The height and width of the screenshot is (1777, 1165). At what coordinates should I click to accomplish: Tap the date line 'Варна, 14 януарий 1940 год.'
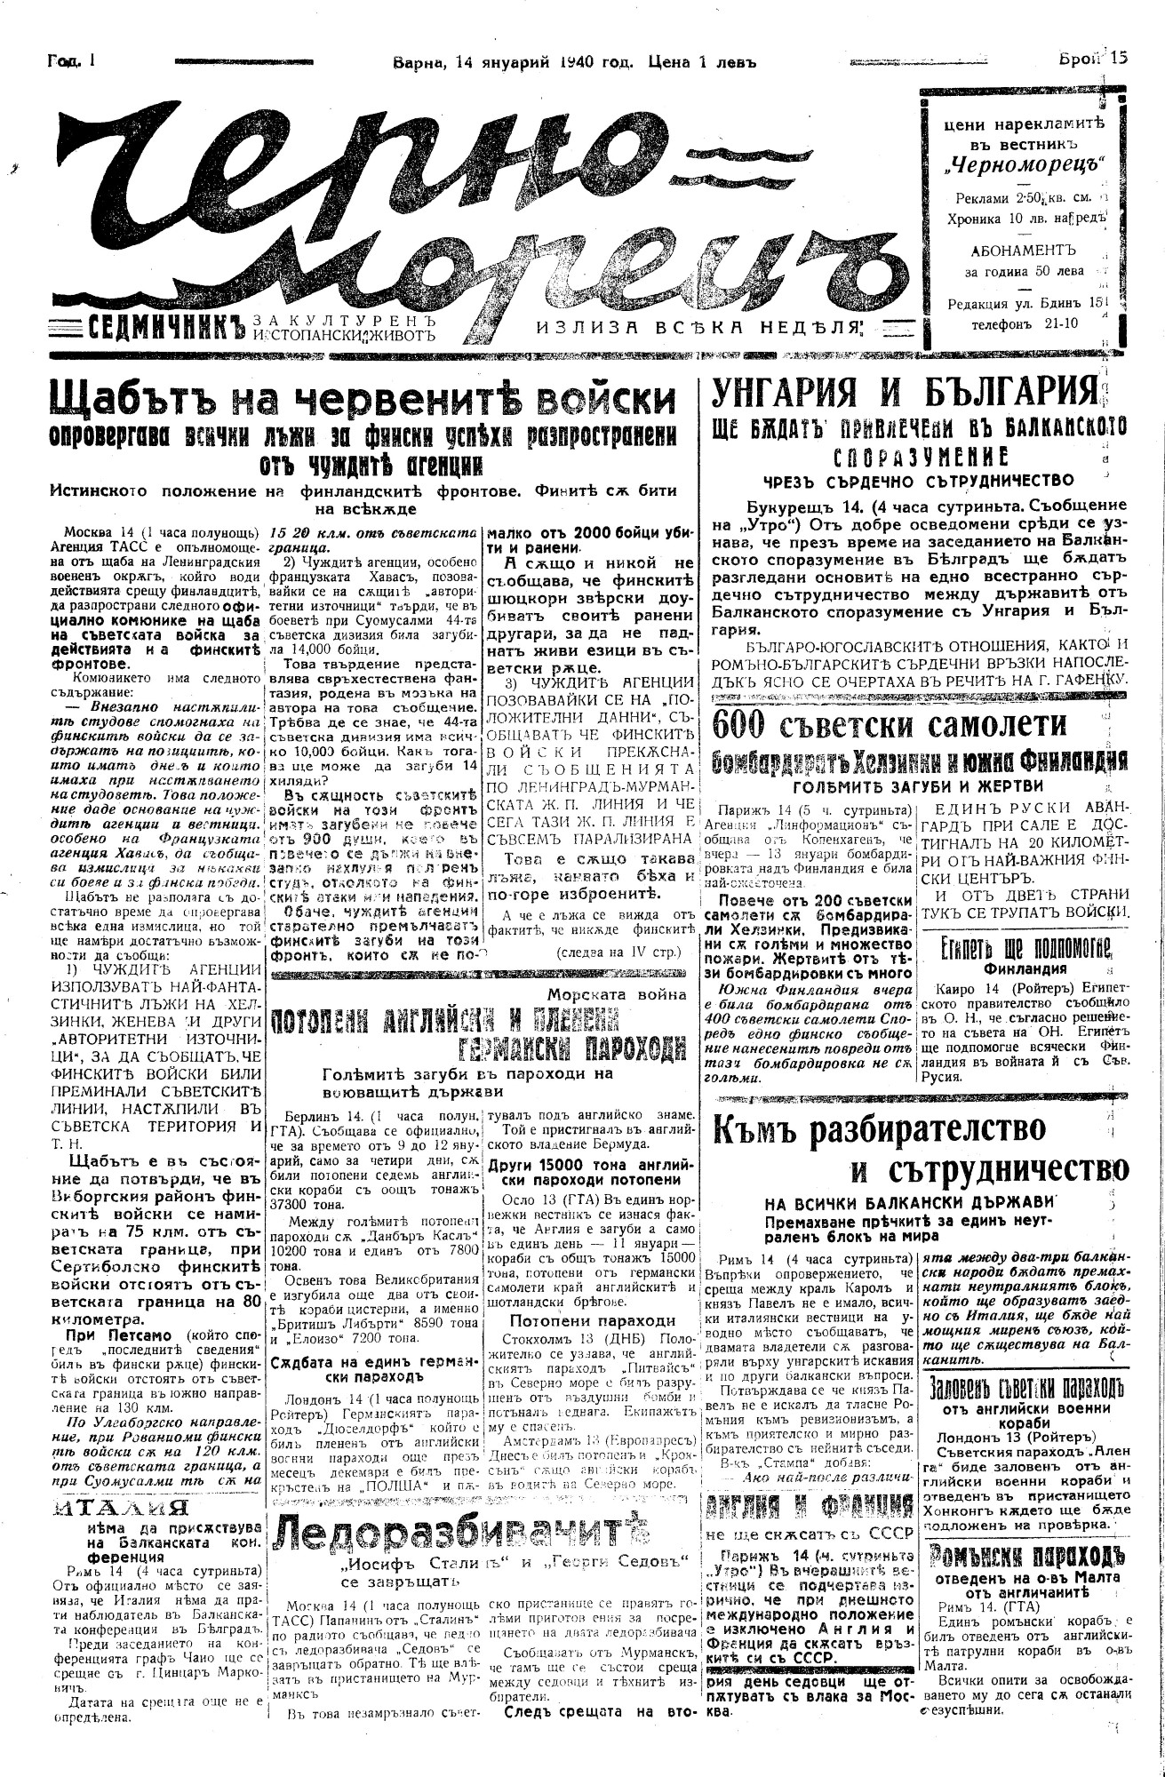point(512,61)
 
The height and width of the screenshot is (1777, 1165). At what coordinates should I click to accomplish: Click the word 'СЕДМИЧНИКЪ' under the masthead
point(167,326)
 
